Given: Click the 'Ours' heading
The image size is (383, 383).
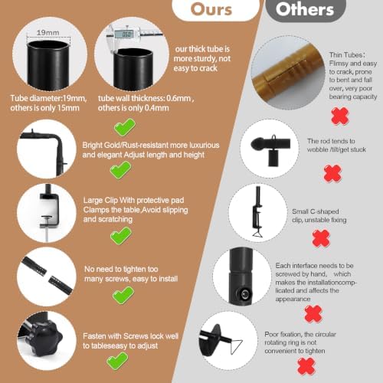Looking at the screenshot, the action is pyautogui.click(x=211, y=9).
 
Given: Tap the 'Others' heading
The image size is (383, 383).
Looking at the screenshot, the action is pyautogui.click(x=305, y=9).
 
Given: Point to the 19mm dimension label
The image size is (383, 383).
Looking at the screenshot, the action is pyautogui.click(x=47, y=33).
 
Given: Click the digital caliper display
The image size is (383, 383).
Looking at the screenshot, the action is pyautogui.click(x=126, y=34).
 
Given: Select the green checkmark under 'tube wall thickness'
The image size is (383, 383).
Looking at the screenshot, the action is pyautogui.click(x=124, y=127).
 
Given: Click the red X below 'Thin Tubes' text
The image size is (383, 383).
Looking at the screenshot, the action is pyautogui.click(x=340, y=116).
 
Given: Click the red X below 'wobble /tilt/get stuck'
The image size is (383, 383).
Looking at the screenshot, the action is pyautogui.click(x=332, y=173).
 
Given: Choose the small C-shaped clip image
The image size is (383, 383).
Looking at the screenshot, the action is pyautogui.click(x=258, y=212).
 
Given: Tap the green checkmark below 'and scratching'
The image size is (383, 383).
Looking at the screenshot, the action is pyautogui.click(x=121, y=235).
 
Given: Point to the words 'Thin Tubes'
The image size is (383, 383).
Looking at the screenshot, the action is pyautogui.click(x=345, y=55).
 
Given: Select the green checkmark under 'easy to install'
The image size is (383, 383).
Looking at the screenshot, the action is pyautogui.click(x=123, y=295).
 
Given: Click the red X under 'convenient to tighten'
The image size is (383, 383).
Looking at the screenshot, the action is pyautogui.click(x=306, y=366).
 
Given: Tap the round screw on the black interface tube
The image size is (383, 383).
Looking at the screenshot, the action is pyautogui.click(x=245, y=294).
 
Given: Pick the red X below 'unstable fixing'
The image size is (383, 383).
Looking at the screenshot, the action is pyautogui.click(x=321, y=238).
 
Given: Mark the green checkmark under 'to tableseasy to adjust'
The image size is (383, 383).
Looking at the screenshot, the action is pyautogui.click(x=117, y=361).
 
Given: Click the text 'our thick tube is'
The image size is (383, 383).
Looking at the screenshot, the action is pyautogui.click(x=202, y=49).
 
